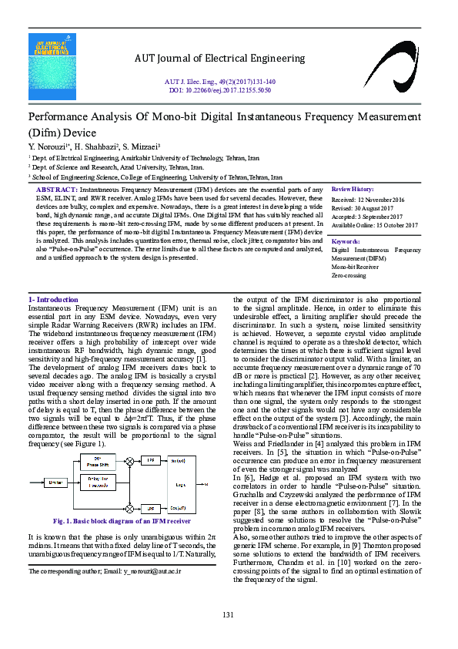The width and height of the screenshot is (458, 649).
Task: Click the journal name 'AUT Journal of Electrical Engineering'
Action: tap(220, 58)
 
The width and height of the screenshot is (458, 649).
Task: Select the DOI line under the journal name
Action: tap(220, 89)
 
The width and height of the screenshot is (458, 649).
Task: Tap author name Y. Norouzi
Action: tap(49, 146)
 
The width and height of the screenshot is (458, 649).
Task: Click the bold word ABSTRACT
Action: tap(56, 189)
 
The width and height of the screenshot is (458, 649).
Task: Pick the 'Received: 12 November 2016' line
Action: tap(368, 199)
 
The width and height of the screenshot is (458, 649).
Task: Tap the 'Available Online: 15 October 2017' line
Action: tap(374, 224)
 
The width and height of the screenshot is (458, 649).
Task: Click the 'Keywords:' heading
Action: tap(345, 241)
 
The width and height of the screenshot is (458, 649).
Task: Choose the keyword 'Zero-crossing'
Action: tap(349, 275)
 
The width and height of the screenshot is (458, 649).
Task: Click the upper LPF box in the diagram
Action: tap(151, 460)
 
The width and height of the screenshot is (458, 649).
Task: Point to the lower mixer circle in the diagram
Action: tap(129, 509)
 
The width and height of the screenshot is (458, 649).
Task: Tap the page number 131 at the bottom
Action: tap(228, 614)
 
